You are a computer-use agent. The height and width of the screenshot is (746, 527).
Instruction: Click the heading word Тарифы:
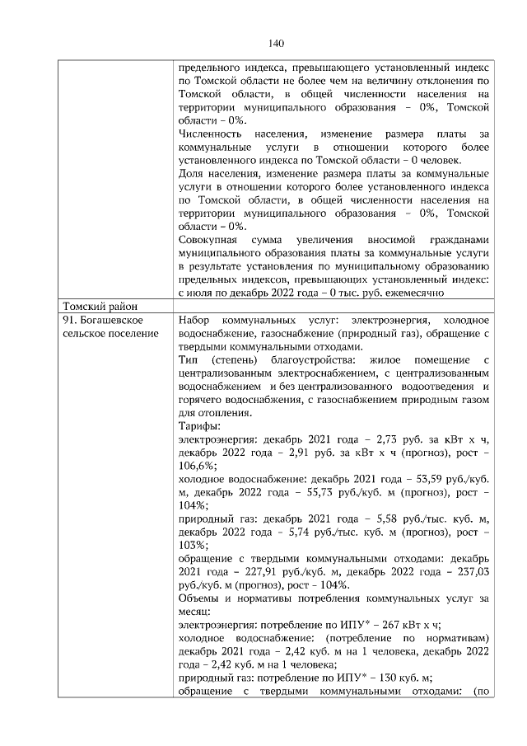tap(199, 426)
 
